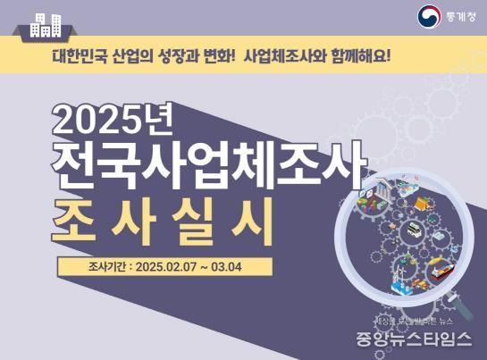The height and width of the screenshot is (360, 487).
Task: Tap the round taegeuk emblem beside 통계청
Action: [x=429, y=15]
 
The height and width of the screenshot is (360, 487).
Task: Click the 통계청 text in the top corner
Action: [x=458, y=15]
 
